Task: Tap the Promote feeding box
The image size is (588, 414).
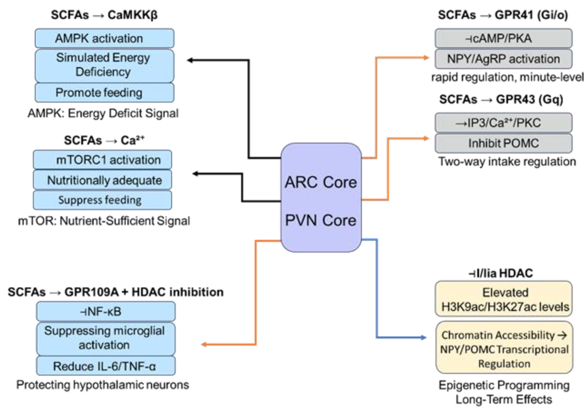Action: (x=104, y=93)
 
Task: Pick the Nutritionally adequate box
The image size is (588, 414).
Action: (x=102, y=180)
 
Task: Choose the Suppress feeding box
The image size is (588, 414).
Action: (x=102, y=200)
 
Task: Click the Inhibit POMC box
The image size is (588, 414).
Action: (x=504, y=143)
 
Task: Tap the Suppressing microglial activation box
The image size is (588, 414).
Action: (x=106, y=338)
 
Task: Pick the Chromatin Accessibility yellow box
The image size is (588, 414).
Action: (x=504, y=349)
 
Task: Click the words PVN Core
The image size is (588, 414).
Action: (x=321, y=220)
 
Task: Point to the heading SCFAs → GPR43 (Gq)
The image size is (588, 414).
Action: (x=501, y=99)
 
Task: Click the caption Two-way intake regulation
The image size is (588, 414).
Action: (x=507, y=162)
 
